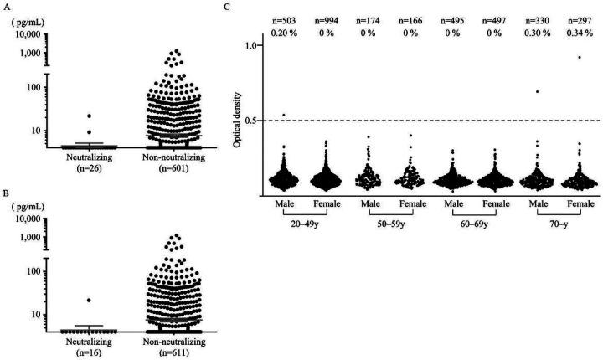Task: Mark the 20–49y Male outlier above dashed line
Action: (283, 115)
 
